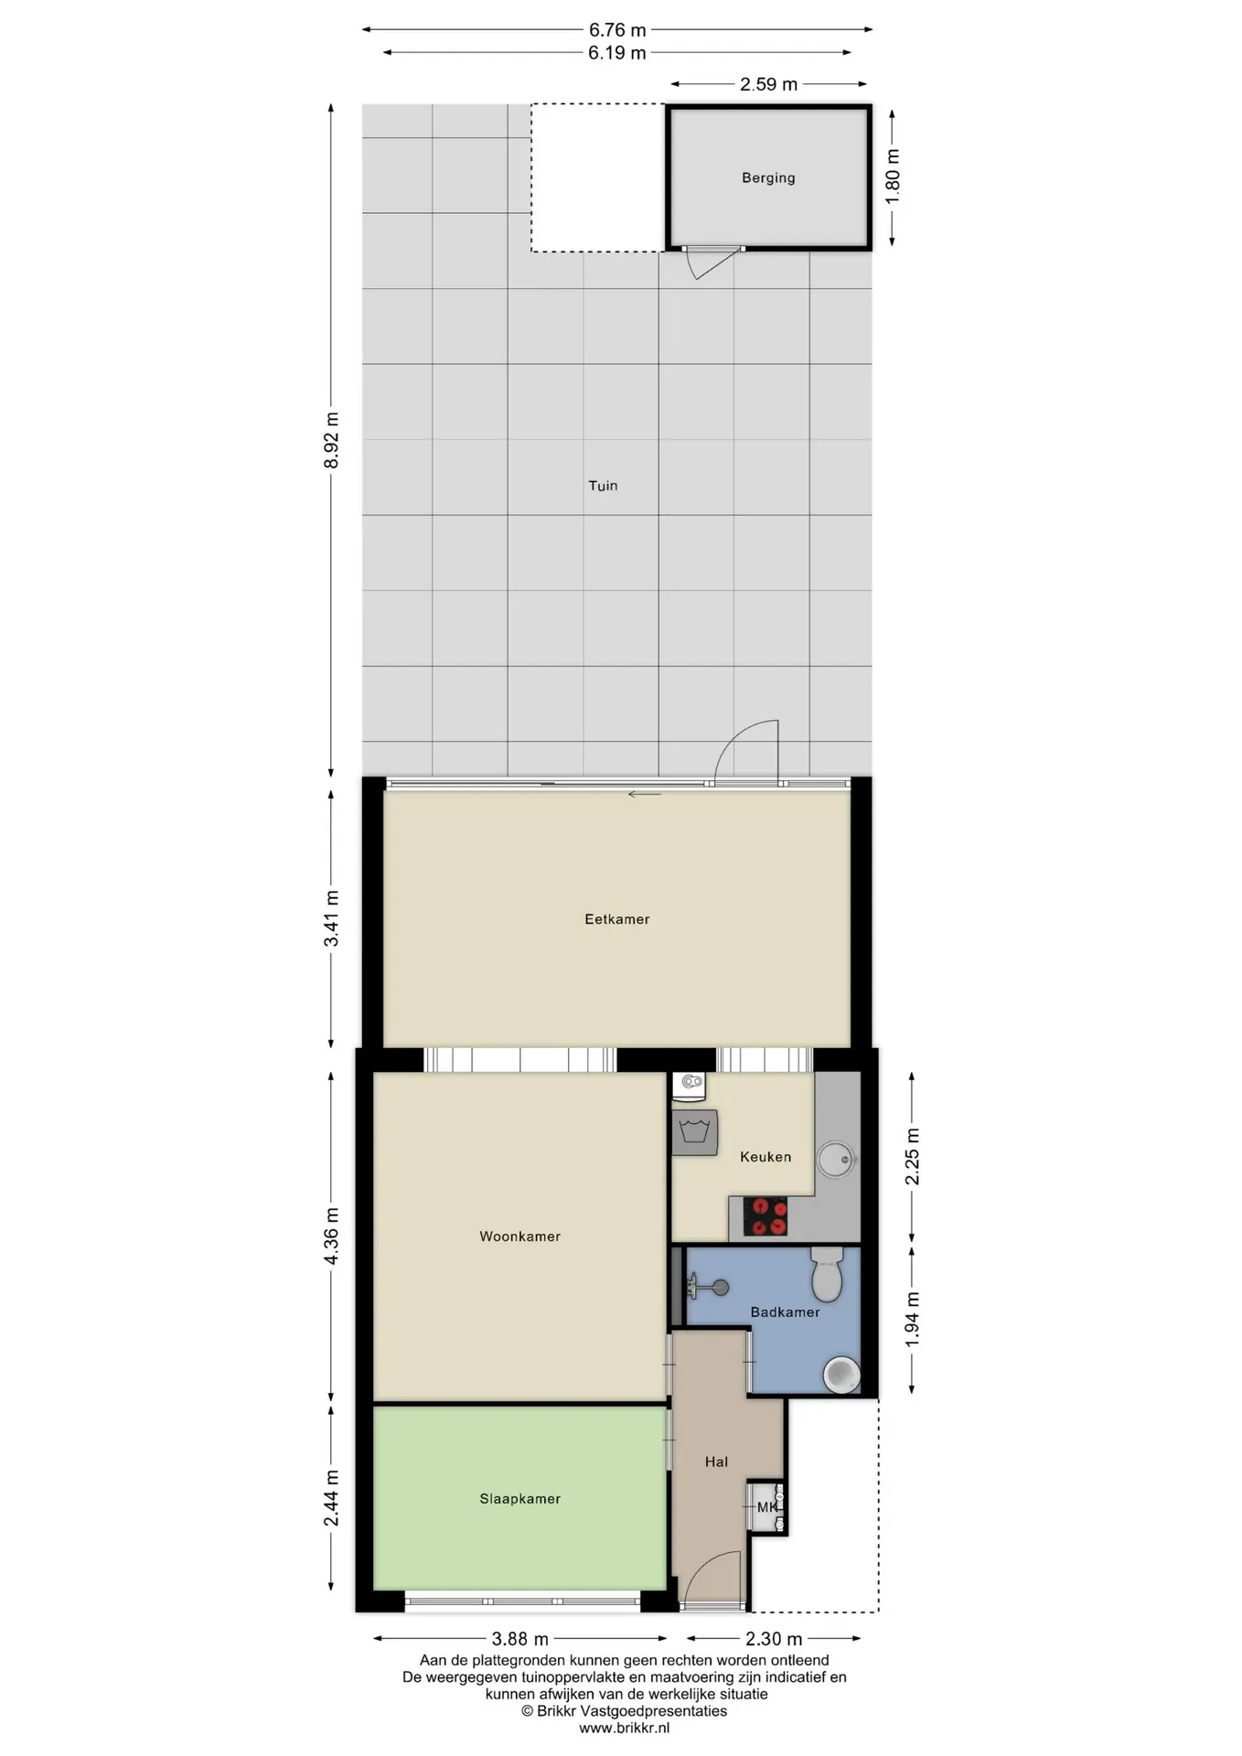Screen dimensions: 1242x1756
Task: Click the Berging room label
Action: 768,178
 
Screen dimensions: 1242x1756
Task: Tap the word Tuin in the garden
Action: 603,486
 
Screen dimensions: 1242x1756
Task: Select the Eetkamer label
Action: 617,919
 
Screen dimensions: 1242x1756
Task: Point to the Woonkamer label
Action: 519,1237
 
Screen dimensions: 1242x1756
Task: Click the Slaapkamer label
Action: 519,1499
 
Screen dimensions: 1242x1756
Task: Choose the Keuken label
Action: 766,1157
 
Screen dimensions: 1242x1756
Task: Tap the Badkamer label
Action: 785,1312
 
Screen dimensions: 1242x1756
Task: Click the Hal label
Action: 716,1462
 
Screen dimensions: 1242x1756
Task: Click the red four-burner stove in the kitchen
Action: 766,1216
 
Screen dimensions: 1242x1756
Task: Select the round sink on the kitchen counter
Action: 836,1160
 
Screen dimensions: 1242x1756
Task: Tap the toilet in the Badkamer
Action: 827,1274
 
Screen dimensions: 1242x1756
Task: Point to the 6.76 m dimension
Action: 617,30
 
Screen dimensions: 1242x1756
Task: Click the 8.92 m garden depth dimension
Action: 331,441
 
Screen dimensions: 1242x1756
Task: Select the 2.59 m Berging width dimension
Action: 768,84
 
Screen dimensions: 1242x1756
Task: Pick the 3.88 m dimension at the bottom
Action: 520,1639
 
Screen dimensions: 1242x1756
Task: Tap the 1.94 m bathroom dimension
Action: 912,1320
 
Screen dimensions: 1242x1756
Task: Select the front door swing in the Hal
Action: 712,1580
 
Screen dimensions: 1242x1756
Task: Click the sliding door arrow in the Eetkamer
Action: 644,794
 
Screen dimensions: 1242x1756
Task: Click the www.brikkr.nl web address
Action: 625,1728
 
